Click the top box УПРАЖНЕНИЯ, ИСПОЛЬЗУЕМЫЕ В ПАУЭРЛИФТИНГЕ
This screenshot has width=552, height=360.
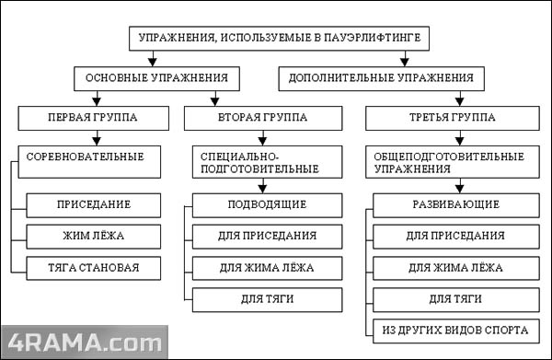[277, 38]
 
